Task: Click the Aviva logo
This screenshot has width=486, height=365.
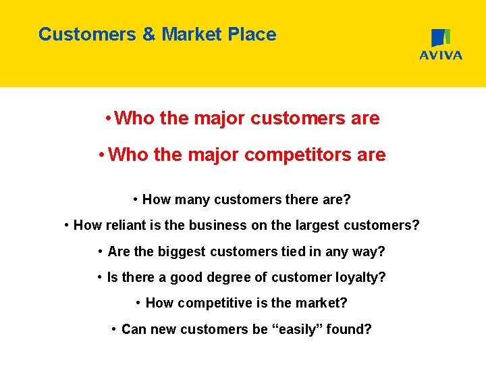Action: point(441,45)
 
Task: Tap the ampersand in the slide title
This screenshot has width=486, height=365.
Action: point(148,34)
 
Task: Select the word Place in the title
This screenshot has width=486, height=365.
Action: point(254,34)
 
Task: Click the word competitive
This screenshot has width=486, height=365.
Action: point(214,303)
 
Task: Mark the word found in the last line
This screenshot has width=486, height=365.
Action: point(350,329)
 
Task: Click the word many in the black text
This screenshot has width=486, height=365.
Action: point(192,199)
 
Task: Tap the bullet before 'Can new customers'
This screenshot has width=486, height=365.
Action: point(114,329)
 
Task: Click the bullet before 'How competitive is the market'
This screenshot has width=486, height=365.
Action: point(138,303)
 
